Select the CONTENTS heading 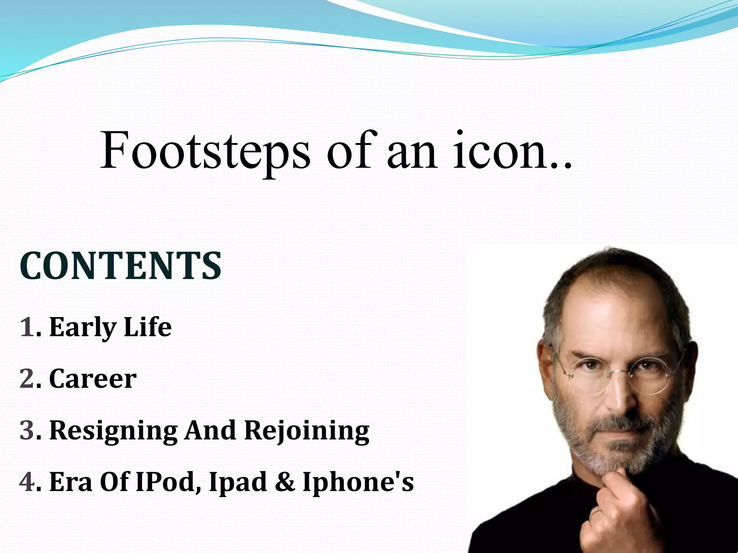pos(120,266)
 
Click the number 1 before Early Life pos(27,327)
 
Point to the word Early pos(83,327)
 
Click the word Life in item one pos(147,327)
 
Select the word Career pos(93,379)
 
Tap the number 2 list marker pos(27,379)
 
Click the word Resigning pos(113,431)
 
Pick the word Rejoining pos(307,431)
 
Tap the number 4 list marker pos(27,482)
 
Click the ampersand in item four pos(285,482)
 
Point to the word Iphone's pos(358,482)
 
